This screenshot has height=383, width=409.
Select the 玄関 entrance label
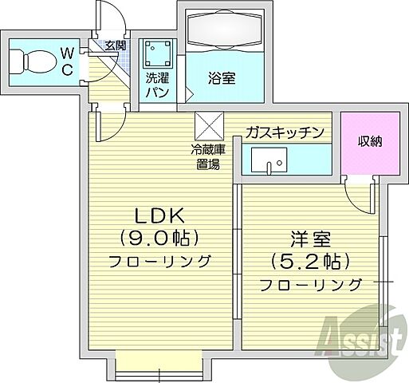point(115,45)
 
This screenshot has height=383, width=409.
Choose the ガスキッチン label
point(285,132)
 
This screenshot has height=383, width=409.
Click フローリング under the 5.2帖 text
point(310,285)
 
